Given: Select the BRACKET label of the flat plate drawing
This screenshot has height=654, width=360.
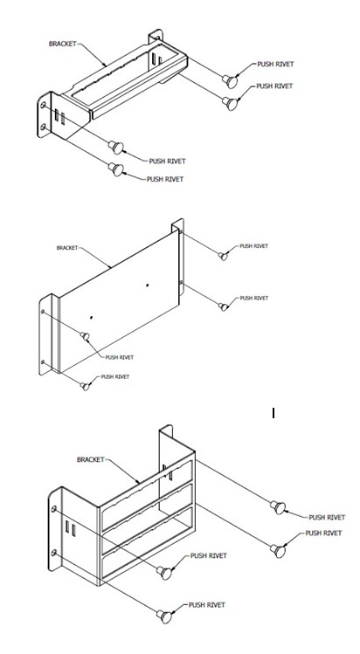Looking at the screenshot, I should (x=67, y=247).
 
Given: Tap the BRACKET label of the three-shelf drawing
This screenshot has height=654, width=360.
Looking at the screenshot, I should (x=92, y=458).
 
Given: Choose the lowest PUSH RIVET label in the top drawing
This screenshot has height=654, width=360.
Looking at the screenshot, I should (x=165, y=178).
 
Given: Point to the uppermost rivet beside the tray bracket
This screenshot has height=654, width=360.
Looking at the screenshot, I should (x=230, y=80).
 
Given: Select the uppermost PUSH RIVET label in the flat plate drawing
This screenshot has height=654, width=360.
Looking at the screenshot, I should (x=254, y=246).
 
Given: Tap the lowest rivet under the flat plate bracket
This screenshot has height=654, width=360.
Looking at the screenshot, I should (x=86, y=384).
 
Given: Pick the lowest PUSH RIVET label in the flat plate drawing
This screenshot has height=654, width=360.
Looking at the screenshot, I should (x=115, y=376).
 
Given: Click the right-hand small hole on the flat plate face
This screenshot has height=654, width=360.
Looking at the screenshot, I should (x=148, y=286).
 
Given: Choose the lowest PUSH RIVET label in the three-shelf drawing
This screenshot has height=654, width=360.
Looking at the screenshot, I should (x=208, y=604).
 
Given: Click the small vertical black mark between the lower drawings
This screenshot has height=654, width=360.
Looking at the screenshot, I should (x=273, y=413).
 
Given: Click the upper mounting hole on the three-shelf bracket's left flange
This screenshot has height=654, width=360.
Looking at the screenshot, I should (x=55, y=511).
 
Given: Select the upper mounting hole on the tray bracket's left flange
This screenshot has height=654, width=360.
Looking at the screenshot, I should (x=43, y=105).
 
